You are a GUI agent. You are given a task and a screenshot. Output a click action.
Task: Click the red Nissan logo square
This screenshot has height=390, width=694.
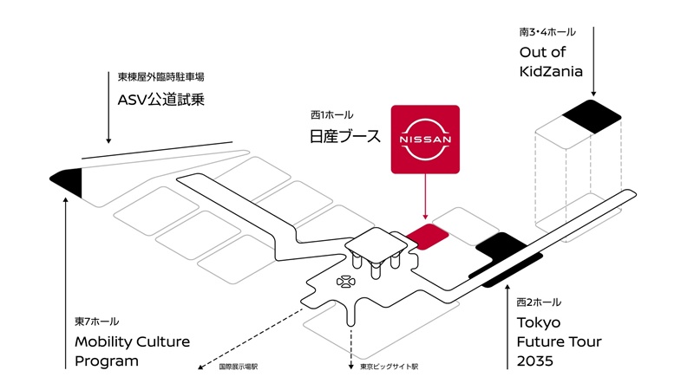(x=425, y=139)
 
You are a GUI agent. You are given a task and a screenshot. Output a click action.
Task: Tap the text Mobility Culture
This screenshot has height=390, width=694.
(x=132, y=341)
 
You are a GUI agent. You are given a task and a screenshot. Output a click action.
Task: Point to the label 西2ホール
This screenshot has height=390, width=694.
(x=539, y=302)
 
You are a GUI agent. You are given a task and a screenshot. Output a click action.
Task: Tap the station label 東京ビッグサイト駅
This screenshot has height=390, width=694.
(x=390, y=367)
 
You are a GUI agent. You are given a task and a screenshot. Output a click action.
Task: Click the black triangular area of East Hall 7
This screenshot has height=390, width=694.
(x=68, y=179)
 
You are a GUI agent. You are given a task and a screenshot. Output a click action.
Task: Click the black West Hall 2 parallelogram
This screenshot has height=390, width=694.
(x=498, y=247)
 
